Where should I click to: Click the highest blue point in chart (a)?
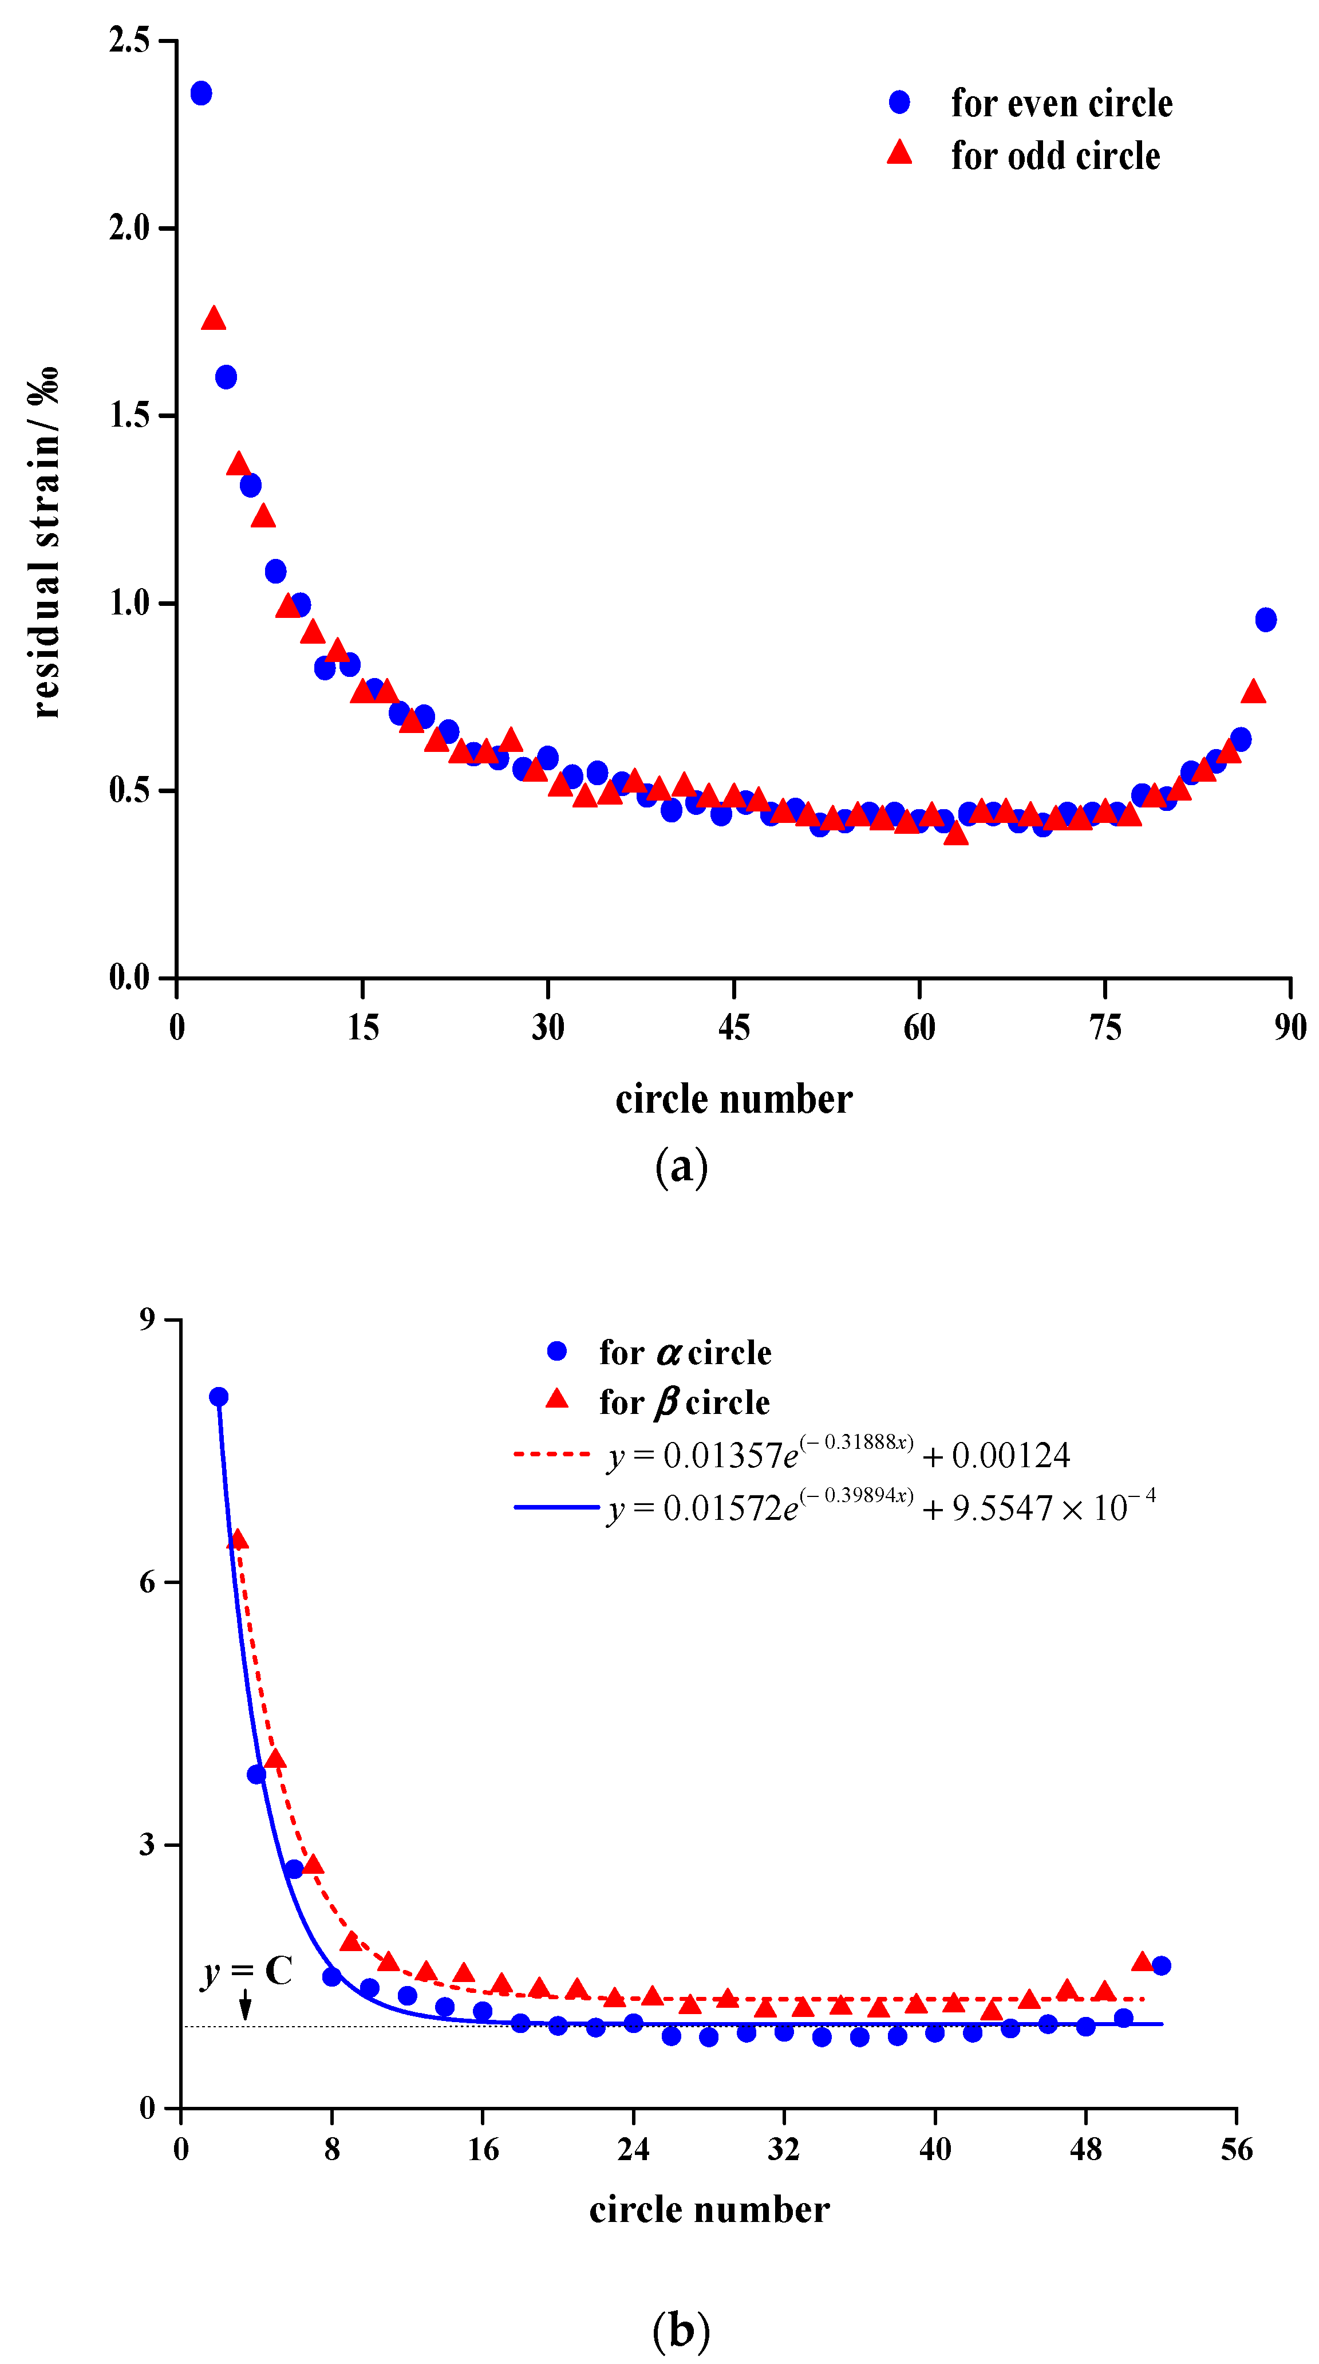point(201,93)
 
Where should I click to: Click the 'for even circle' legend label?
point(1061,103)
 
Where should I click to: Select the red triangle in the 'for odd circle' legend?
point(899,152)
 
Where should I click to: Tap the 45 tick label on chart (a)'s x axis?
point(734,1027)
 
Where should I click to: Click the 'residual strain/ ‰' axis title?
point(44,541)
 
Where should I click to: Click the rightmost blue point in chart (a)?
point(1266,620)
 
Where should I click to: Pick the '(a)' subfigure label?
point(681,1167)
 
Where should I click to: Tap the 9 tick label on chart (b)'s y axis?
point(147,1319)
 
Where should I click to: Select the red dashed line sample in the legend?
point(553,1453)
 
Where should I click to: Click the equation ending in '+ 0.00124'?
point(838,1456)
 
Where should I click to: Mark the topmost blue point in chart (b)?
point(218,1397)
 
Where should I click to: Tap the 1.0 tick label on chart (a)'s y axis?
point(129,603)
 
